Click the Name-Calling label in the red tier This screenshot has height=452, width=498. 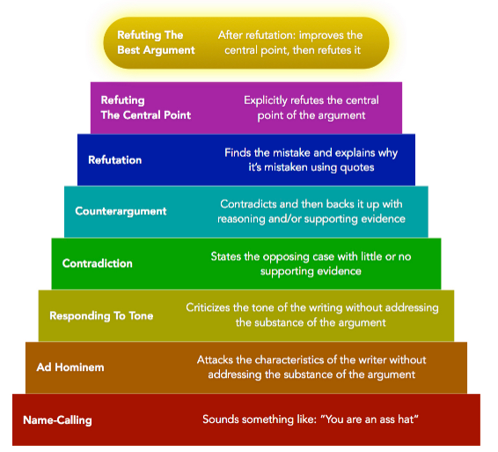click(57, 420)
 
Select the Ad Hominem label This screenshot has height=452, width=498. click(70, 367)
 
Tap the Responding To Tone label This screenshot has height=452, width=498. click(101, 315)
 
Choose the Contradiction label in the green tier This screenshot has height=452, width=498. click(97, 263)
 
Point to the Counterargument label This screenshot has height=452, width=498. click(121, 211)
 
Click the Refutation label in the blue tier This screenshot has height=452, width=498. click(114, 159)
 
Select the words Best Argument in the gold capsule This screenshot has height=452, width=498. click(156, 50)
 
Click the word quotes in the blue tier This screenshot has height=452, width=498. click(357, 167)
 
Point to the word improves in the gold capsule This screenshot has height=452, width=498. click(320, 35)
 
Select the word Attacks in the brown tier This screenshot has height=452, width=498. click(215, 359)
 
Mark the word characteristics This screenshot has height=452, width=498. click(289, 359)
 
